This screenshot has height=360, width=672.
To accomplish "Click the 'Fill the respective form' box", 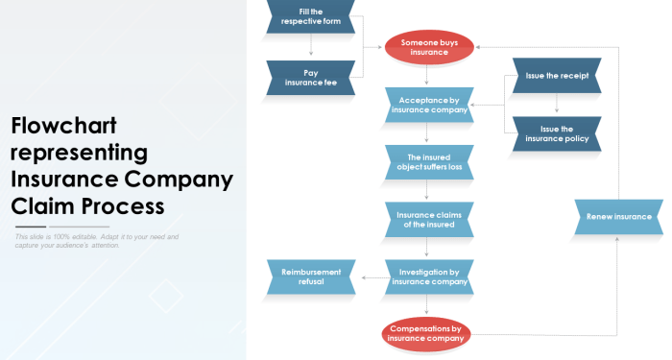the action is pyautogui.click(x=311, y=16).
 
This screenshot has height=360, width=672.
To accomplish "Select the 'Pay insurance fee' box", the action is pyautogui.click(x=311, y=78).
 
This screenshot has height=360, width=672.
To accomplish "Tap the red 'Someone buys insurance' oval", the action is pyautogui.click(x=429, y=47).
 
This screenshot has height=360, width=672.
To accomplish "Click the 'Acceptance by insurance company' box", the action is pyautogui.click(x=429, y=105).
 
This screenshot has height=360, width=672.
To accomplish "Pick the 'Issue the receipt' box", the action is pyautogui.click(x=557, y=75).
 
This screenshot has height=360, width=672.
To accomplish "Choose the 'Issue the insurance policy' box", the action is pyautogui.click(x=557, y=133).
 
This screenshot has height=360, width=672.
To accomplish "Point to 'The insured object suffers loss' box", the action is pyautogui.click(x=429, y=162).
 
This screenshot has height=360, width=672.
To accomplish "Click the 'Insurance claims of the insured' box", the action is pyautogui.click(x=429, y=220).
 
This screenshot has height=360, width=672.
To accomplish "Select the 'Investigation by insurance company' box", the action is pyautogui.click(x=429, y=277).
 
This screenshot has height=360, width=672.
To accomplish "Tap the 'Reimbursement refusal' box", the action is pyautogui.click(x=311, y=277).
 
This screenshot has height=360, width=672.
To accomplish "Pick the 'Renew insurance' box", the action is pyautogui.click(x=618, y=217).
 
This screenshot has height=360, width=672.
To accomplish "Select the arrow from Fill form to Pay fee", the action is pyautogui.click(x=311, y=46).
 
